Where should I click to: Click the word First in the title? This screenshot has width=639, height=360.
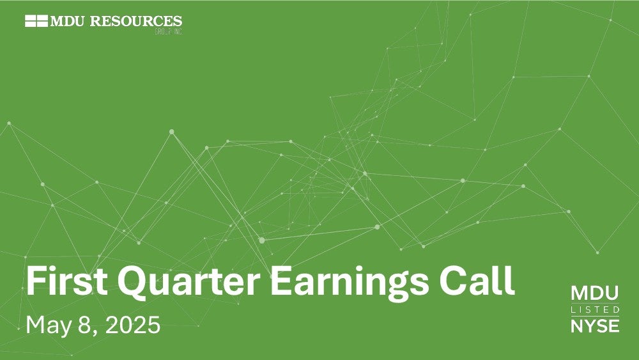point(67,281)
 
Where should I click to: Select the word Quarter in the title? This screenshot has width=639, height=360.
point(189,281)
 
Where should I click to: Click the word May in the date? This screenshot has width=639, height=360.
point(48,325)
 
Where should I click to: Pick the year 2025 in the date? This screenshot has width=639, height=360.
point(133,325)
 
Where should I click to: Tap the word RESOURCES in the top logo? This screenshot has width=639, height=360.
point(136,21)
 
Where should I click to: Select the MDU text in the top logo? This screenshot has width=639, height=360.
point(68,21)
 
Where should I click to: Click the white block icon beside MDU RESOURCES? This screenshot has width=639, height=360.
point(36,21)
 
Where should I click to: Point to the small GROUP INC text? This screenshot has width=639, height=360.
point(168,31)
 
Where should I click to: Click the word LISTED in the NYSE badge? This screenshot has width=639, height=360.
point(595,310)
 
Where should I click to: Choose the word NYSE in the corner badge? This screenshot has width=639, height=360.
point(595,325)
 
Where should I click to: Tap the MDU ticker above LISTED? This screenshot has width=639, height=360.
point(595,293)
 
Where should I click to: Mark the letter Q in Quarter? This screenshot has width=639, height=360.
point(131,282)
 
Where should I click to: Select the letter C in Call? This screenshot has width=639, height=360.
point(452,281)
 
